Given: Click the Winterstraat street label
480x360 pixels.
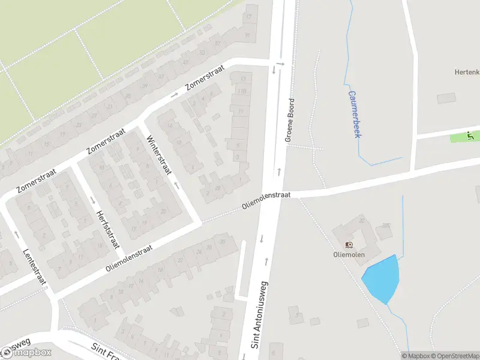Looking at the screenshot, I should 158,155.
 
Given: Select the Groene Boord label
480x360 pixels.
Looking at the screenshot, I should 290,120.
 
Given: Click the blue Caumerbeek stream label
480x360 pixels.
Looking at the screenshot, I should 354,114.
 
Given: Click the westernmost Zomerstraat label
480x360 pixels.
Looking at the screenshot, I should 37,180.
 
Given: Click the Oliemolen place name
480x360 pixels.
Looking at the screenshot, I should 350,254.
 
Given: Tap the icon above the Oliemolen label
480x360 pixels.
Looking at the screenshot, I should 349,244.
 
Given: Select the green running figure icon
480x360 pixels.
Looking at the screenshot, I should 472,136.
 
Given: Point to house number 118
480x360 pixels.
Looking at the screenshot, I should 243,91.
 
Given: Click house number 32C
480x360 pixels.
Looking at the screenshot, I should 386,226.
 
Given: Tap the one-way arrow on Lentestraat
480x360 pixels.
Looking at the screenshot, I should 16,235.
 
